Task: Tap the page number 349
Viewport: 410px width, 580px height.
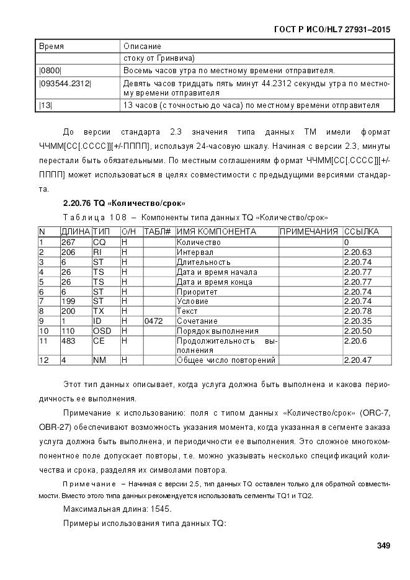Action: (383, 546)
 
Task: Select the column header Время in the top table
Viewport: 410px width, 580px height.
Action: (51, 47)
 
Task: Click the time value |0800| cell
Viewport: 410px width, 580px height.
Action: (50, 70)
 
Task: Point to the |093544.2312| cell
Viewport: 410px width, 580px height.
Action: (65, 83)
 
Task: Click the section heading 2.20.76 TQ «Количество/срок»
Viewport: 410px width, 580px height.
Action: (124, 203)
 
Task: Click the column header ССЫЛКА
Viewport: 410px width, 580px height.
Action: (362, 231)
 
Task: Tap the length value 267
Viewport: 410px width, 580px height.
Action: (68, 242)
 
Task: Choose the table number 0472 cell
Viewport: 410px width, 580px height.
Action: (154, 321)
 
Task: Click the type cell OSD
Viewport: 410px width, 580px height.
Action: (102, 331)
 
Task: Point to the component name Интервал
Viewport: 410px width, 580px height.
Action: (195, 252)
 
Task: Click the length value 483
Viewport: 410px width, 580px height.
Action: (68, 341)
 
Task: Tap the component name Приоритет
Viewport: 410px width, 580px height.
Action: (197, 291)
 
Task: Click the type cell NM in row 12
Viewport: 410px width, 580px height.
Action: (99, 360)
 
